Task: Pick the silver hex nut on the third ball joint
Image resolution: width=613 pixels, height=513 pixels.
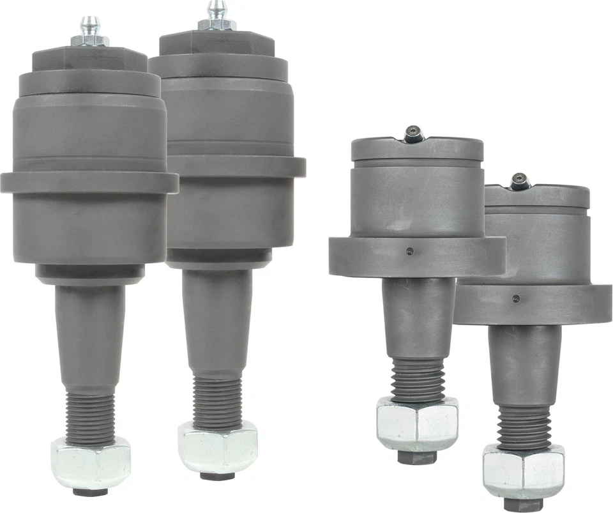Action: [x=417, y=423]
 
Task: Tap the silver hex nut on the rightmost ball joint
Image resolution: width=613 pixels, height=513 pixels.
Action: [x=524, y=471]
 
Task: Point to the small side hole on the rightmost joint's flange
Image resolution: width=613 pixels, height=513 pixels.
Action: [x=516, y=298]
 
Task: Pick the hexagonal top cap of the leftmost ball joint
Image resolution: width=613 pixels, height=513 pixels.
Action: [x=89, y=59]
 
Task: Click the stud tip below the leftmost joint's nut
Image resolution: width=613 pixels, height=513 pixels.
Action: [x=89, y=491]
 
